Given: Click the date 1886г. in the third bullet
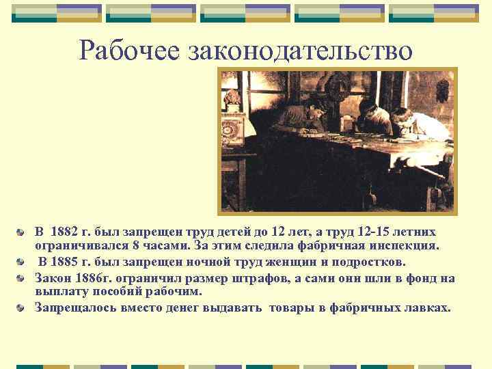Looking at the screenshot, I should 85,277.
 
